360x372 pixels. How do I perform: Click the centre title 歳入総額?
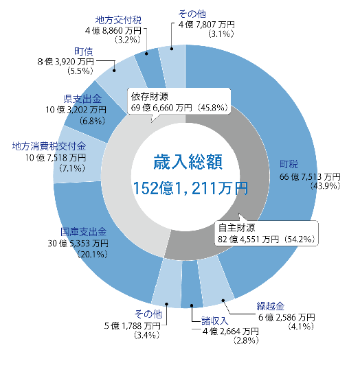[x=188, y=162]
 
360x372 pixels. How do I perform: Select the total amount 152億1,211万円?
[x=190, y=188]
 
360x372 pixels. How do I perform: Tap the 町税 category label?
[x=289, y=164]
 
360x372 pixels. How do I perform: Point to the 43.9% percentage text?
[x=326, y=186]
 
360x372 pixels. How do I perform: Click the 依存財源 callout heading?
[x=150, y=97]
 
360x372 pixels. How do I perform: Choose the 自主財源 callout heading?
[x=237, y=228]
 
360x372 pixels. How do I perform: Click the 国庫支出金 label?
[x=83, y=232]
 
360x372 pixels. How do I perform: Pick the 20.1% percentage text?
[x=92, y=255]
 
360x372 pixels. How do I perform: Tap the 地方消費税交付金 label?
[x=49, y=146]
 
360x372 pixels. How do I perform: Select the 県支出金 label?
[x=82, y=99]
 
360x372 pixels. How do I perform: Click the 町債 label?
[x=84, y=51]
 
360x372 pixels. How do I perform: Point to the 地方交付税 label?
[x=118, y=20]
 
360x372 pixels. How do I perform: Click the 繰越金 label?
[x=271, y=306]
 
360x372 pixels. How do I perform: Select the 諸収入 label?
[x=215, y=321]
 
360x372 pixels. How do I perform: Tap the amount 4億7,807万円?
[x=207, y=25]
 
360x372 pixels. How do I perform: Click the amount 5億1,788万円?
[x=133, y=326]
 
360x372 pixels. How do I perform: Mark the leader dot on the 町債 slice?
[x=114, y=71]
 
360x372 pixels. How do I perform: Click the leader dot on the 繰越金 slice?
[x=223, y=301]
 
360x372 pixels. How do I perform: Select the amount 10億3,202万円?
[x=76, y=110]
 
